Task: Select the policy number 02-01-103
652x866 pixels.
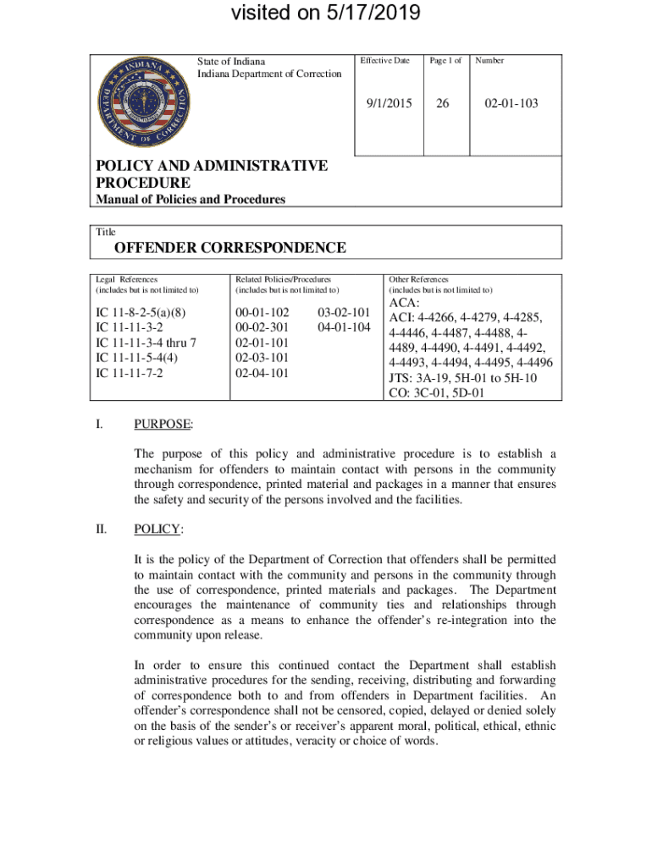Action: tap(511, 104)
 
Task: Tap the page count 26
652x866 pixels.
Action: tap(441, 104)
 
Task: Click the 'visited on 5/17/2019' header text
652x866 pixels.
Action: tap(326, 14)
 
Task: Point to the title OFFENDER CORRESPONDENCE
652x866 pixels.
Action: tap(230, 248)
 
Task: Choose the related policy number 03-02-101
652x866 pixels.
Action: tap(343, 314)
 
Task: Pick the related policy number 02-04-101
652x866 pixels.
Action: tap(262, 372)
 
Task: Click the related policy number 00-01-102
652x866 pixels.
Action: tap(262, 314)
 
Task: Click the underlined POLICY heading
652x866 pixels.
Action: tap(158, 529)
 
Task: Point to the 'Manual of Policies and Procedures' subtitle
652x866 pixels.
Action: tap(189, 200)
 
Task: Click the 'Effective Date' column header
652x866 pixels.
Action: tap(384, 61)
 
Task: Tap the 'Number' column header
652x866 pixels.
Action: tap(489, 61)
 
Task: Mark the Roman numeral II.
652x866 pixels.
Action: tap(101, 529)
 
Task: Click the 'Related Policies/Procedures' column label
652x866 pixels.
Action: tap(283, 279)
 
